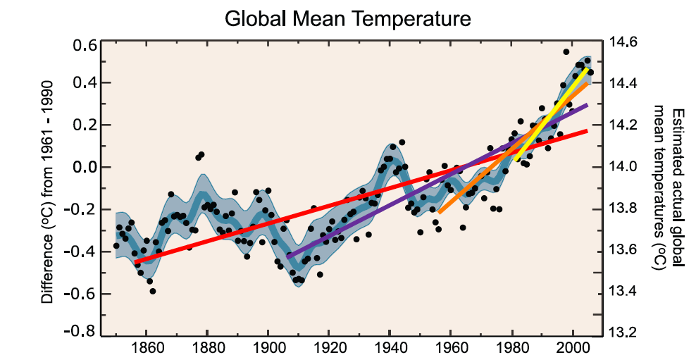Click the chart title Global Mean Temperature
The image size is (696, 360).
pyautogui.click(x=347, y=18)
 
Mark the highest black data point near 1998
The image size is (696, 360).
pyautogui.click(x=566, y=52)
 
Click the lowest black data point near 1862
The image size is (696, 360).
pyautogui.click(x=152, y=291)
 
